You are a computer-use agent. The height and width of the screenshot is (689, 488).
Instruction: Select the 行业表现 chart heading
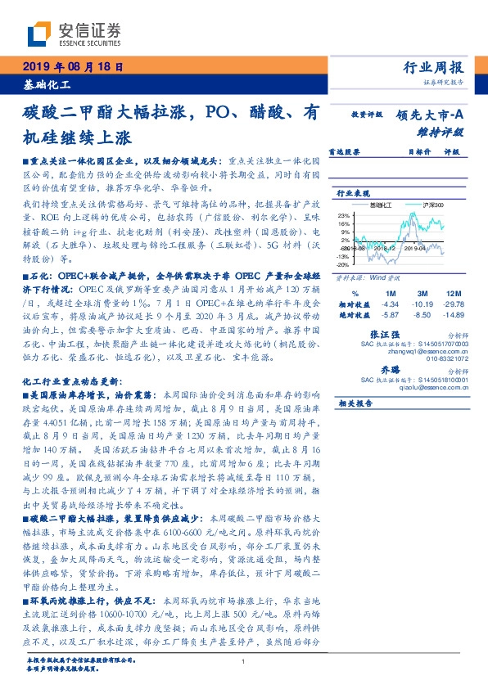point(354,193)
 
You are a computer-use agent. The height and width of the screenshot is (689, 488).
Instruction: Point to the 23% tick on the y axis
point(344,214)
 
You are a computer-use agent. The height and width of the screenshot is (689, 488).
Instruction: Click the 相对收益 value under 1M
point(390,303)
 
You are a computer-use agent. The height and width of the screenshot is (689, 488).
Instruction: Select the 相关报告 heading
point(355,403)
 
